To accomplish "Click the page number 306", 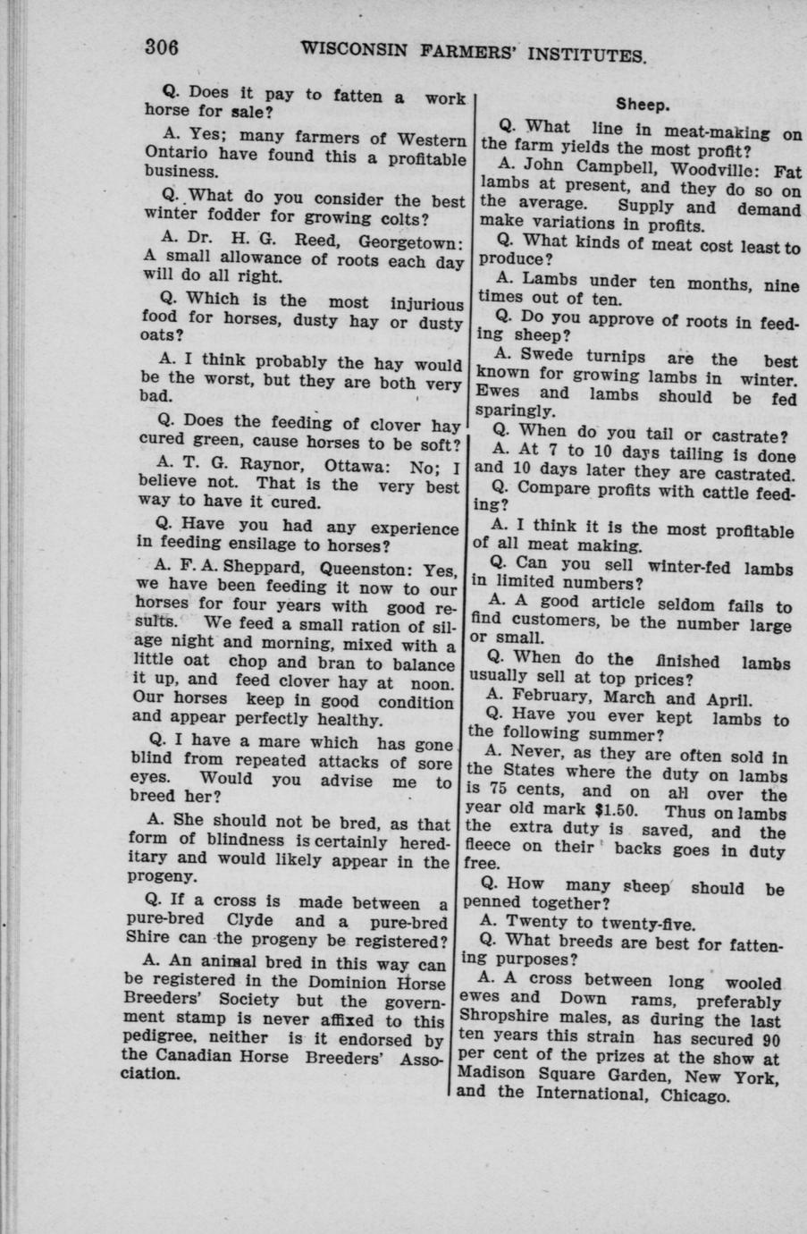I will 164,46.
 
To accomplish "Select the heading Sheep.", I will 642,105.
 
